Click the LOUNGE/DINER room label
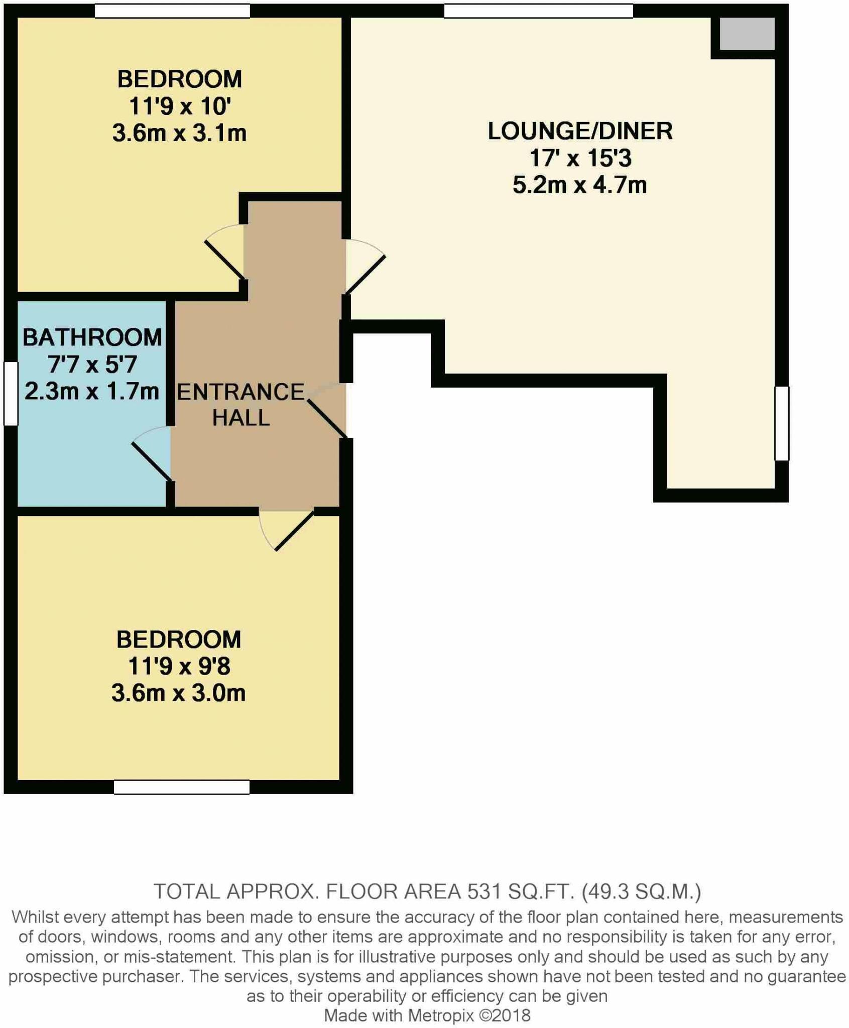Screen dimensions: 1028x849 click(580, 132)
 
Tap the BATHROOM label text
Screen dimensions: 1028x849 click(92, 337)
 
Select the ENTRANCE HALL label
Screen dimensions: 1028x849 click(241, 405)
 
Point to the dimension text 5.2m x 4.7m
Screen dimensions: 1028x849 click(580, 185)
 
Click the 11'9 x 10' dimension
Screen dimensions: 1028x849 click(180, 106)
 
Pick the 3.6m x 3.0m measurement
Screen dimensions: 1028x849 click(179, 693)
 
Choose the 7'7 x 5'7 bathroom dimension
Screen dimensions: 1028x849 click(92, 364)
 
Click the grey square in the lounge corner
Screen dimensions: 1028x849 click(747, 34)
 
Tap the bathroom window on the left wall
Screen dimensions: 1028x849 click(11, 394)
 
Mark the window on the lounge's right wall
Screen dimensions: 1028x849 click(782, 423)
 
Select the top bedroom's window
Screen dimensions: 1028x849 click(172, 11)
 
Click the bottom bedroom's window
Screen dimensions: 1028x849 click(181, 787)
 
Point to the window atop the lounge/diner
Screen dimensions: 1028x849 click(538, 11)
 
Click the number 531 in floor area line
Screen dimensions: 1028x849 click(484, 891)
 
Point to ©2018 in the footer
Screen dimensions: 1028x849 click(505, 1015)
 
